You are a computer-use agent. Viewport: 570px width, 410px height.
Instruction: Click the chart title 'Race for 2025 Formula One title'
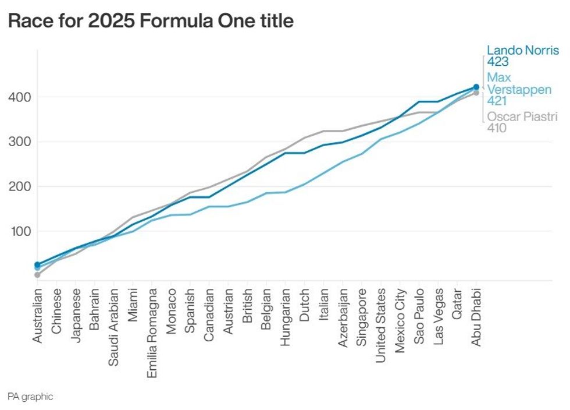coord(151,22)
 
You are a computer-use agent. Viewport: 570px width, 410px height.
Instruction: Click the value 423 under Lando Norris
coord(498,62)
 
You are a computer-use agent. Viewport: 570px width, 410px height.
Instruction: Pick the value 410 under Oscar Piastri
coord(497,128)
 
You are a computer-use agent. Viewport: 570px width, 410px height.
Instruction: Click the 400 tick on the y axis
coord(20,97)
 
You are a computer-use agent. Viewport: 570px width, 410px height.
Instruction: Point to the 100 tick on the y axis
coord(20,231)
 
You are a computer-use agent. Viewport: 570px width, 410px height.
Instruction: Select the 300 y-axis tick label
coord(20,142)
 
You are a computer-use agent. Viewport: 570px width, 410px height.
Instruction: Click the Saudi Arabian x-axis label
coord(114,326)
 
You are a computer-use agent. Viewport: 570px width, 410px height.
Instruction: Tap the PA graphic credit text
coord(30,397)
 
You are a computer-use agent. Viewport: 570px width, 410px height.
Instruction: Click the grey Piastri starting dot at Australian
coord(38,275)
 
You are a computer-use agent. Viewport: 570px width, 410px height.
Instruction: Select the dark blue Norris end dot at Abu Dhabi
coord(476,87)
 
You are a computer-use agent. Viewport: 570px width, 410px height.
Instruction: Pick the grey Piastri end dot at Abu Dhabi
coord(476,93)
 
